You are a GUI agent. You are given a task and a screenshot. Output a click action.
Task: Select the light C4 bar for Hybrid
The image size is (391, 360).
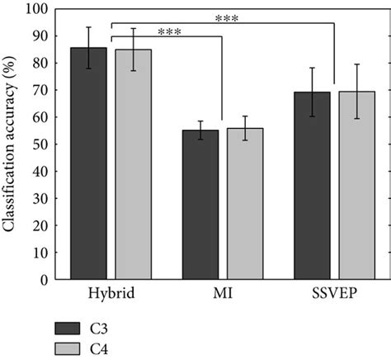[133, 164]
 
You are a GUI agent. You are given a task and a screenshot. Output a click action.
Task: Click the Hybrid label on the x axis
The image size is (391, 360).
[111, 294]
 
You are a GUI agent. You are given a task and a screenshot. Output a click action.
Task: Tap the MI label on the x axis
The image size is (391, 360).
[223, 294]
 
